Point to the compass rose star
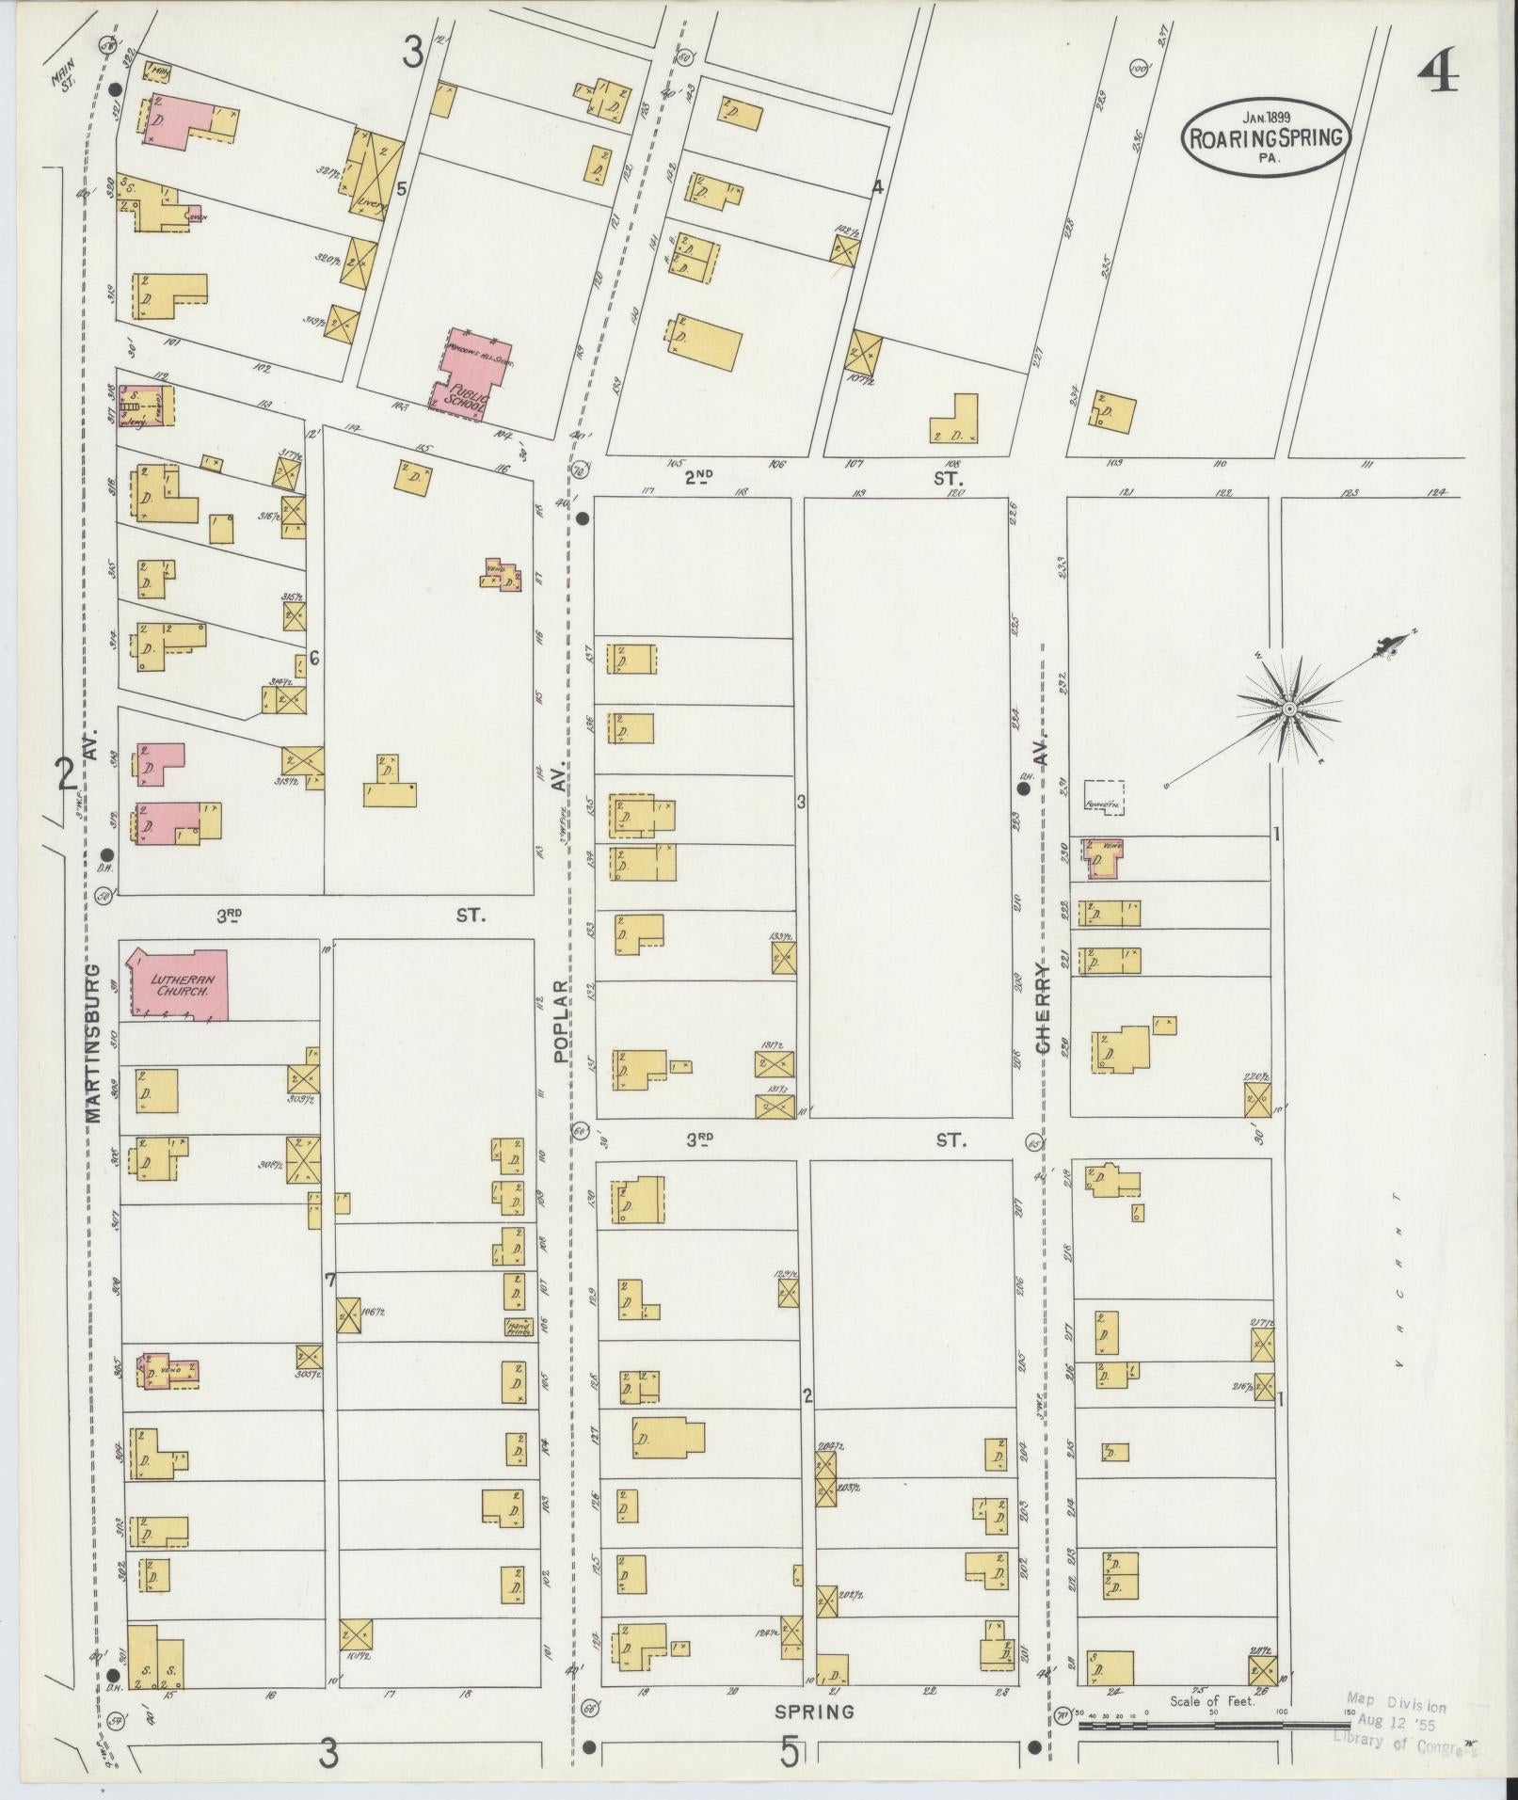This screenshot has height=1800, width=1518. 1289,708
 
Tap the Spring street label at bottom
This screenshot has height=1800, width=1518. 815,1712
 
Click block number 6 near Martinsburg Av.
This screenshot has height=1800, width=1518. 314,659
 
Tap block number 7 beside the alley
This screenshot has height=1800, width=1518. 329,1280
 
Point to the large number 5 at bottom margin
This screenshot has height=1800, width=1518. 789,1754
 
